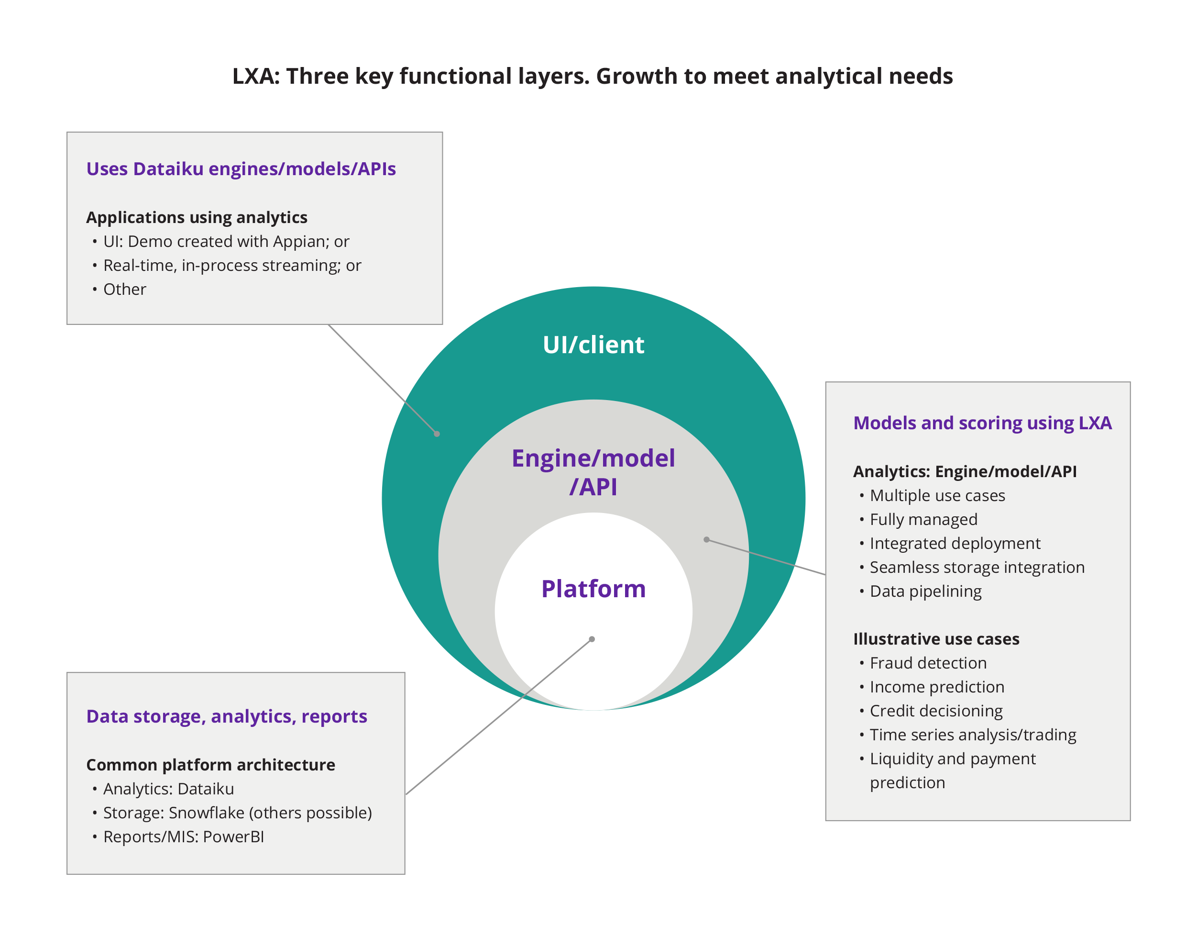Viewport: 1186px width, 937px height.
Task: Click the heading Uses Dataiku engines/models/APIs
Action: pyautogui.click(x=241, y=169)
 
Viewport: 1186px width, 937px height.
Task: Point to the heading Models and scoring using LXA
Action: pyautogui.click(x=981, y=423)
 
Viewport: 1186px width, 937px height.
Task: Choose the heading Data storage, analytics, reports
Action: pyautogui.click(x=227, y=716)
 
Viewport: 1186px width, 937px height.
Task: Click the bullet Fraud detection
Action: pyautogui.click(x=928, y=663)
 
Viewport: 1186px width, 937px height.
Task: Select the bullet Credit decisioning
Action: pyautogui.click(x=935, y=711)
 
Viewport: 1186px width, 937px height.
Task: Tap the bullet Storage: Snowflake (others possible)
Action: pyautogui.click(x=237, y=813)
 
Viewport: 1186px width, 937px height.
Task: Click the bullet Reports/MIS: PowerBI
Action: pyautogui.click(x=183, y=837)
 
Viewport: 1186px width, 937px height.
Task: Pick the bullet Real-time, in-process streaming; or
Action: pyautogui.click(x=232, y=266)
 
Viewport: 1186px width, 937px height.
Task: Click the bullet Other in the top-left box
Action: pyautogui.click(x=124, y=289)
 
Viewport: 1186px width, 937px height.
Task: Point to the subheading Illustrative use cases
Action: pyautogui.click(x=935, y=639)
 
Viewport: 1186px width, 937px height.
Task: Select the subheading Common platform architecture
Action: pyautogui.click(x=210, y=765)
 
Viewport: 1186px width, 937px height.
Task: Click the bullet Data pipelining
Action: pyautogui.click(x=925, y=591)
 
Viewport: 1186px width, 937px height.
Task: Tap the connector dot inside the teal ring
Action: pyautogui.click(x=437, y=434)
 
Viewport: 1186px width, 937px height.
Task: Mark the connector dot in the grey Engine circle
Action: pyautogui.click(x=706, y=540)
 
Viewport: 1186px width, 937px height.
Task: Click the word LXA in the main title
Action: pyautogui.click(x=255, y=76)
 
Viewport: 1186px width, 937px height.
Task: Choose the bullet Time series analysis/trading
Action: pyautogui.click(x=972, y=735)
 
